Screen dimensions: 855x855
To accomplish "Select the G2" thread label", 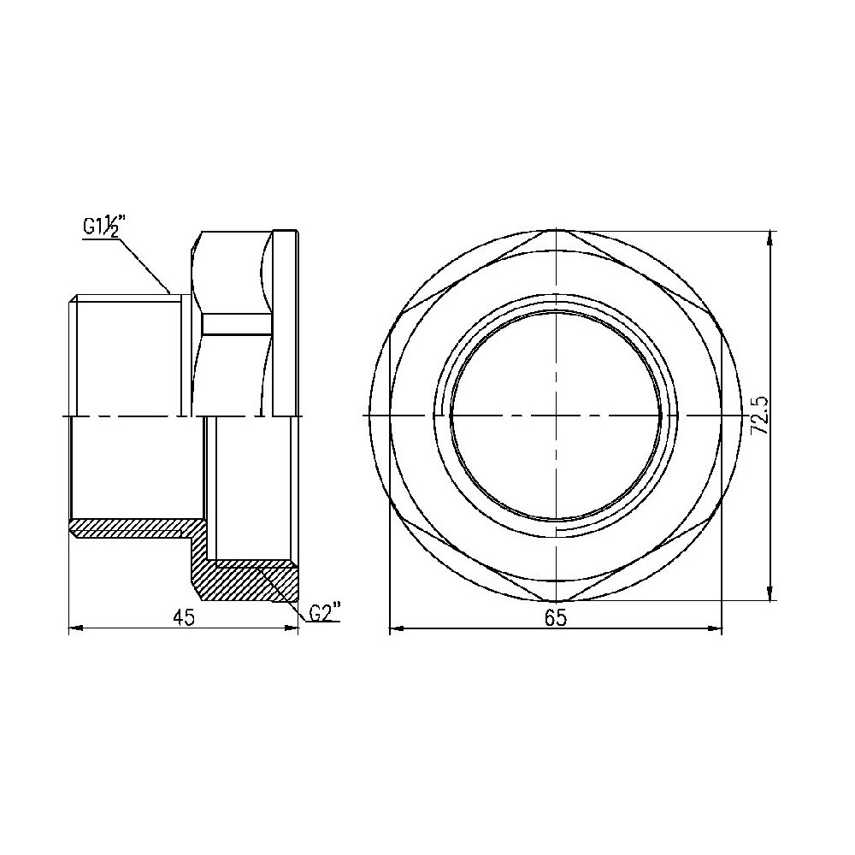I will [325, 612].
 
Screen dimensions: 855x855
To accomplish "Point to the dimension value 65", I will [556, 617].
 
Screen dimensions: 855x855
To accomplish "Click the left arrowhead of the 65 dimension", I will [395, 630].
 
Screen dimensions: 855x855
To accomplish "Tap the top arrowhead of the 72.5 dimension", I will [771, 237].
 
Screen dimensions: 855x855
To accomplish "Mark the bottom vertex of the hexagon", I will [556, 601].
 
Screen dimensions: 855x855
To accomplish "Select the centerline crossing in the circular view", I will [556, 416].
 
